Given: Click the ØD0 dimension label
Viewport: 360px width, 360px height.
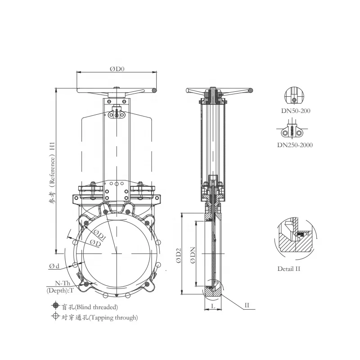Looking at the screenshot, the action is point(117,69).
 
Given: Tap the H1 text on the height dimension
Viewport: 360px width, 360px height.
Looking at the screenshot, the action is point(53,146).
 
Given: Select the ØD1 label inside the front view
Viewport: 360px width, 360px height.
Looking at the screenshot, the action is point(99,234).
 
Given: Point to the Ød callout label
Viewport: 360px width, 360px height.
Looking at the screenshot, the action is point(54,266).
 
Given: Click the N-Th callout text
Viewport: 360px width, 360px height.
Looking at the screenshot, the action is point(63,283).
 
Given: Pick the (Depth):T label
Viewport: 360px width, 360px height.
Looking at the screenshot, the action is point(60,290).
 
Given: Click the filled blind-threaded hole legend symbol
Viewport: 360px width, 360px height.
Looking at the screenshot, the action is point(55,306).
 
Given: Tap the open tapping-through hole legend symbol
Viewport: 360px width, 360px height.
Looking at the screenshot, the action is point(55,316).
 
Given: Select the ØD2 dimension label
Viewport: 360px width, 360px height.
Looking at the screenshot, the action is point(178,255).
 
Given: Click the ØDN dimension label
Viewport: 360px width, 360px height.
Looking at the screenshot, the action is point(193,255).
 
